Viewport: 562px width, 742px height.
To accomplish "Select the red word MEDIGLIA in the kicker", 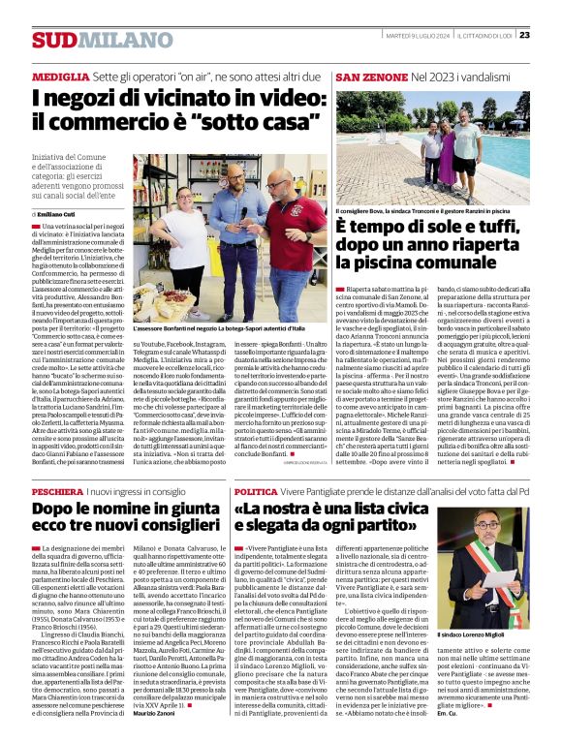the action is [60, 76].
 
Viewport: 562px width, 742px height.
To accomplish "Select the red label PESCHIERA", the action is [59, 491].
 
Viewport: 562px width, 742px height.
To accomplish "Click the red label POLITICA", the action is [255, 491].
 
